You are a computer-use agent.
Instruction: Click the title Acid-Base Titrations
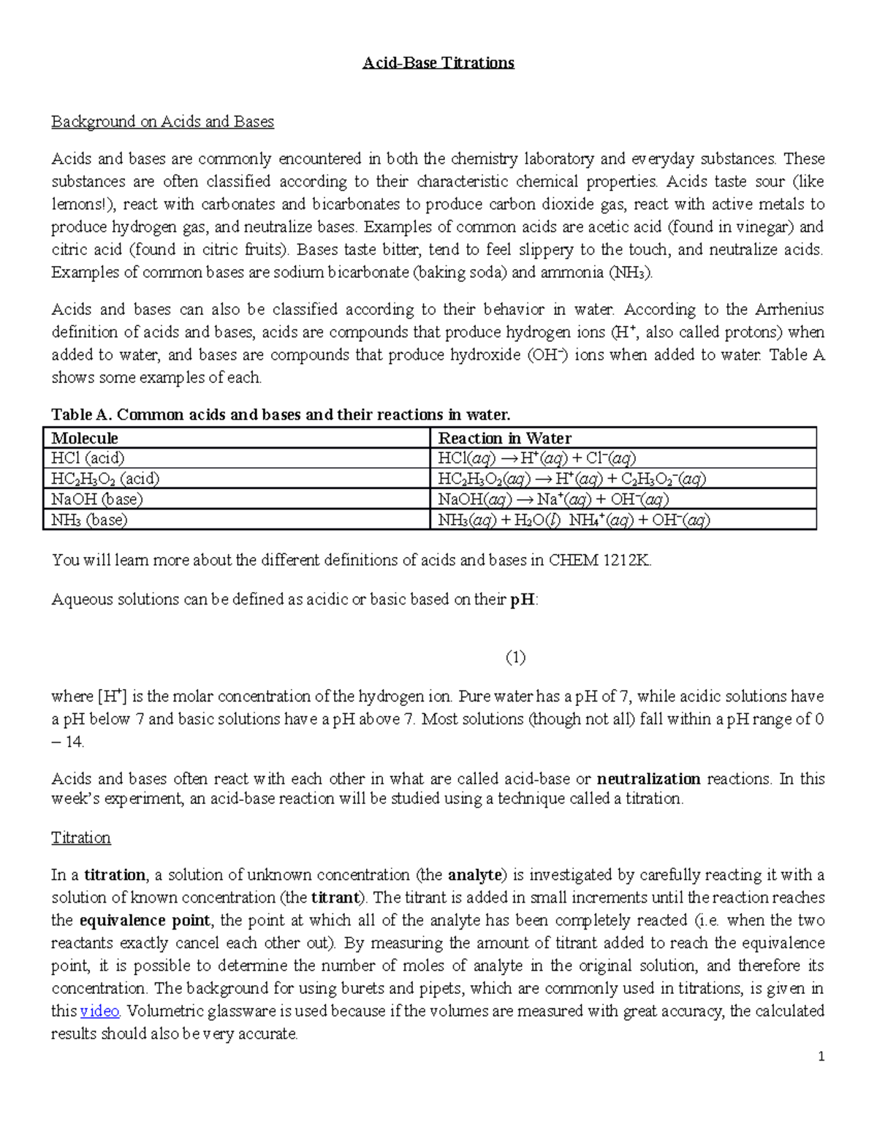tap(438, 63)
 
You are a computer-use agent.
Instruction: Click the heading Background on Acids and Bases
tap(162, 122)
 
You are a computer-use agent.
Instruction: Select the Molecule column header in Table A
tap(84, 438)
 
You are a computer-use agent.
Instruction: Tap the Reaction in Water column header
tap(504, 438)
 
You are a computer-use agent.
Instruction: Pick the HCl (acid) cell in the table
tap(88, 458)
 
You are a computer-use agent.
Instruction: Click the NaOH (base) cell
tap(96, 499)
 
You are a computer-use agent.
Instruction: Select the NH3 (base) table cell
tap(89, 520)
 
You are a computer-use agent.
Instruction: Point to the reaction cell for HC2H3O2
tap(572, 479)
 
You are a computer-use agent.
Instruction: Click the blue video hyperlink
tap(99, 1011)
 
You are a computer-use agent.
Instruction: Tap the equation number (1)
tap(515, 657)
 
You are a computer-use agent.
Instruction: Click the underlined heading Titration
tap(80, 838)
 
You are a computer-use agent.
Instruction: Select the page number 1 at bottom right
tap(821, 1056)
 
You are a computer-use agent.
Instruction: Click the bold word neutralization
tap(648, 779)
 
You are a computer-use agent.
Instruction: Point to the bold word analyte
tap(474, 876)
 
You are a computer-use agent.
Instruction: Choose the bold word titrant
tap(335, 898)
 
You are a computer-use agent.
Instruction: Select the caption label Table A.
tap(80, 415)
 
